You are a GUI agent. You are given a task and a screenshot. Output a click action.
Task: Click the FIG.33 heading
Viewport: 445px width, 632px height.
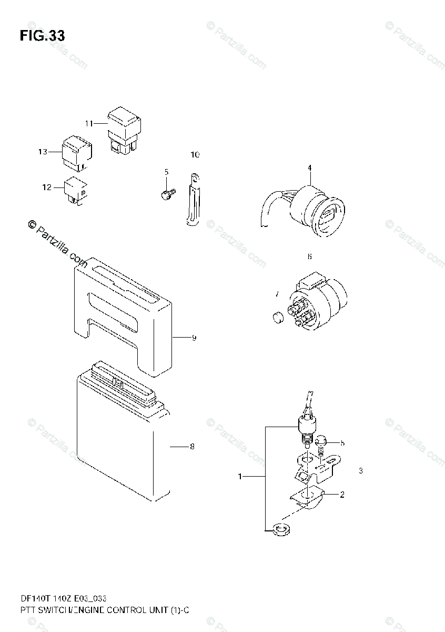click(x=42, y=36)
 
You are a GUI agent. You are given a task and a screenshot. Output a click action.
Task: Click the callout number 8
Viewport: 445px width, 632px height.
click(x=192, y=447)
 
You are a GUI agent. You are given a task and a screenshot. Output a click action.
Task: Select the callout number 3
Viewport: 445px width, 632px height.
click(x=361, y=471)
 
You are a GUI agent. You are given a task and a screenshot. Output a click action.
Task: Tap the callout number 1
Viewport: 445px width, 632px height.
click(x=240, y=477)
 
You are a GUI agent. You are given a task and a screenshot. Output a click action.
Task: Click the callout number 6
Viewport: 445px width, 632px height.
click(x=309, y=257)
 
